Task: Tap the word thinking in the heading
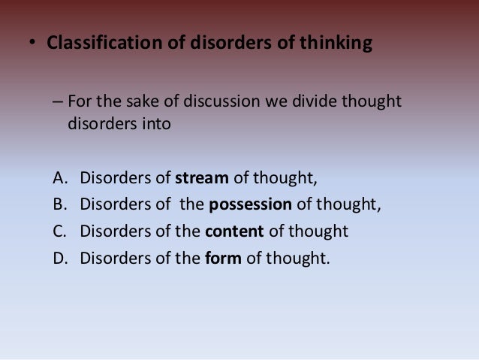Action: (x=336, y=44)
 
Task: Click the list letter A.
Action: (x=60, y=179)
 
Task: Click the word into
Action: (x=155, y=122)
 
